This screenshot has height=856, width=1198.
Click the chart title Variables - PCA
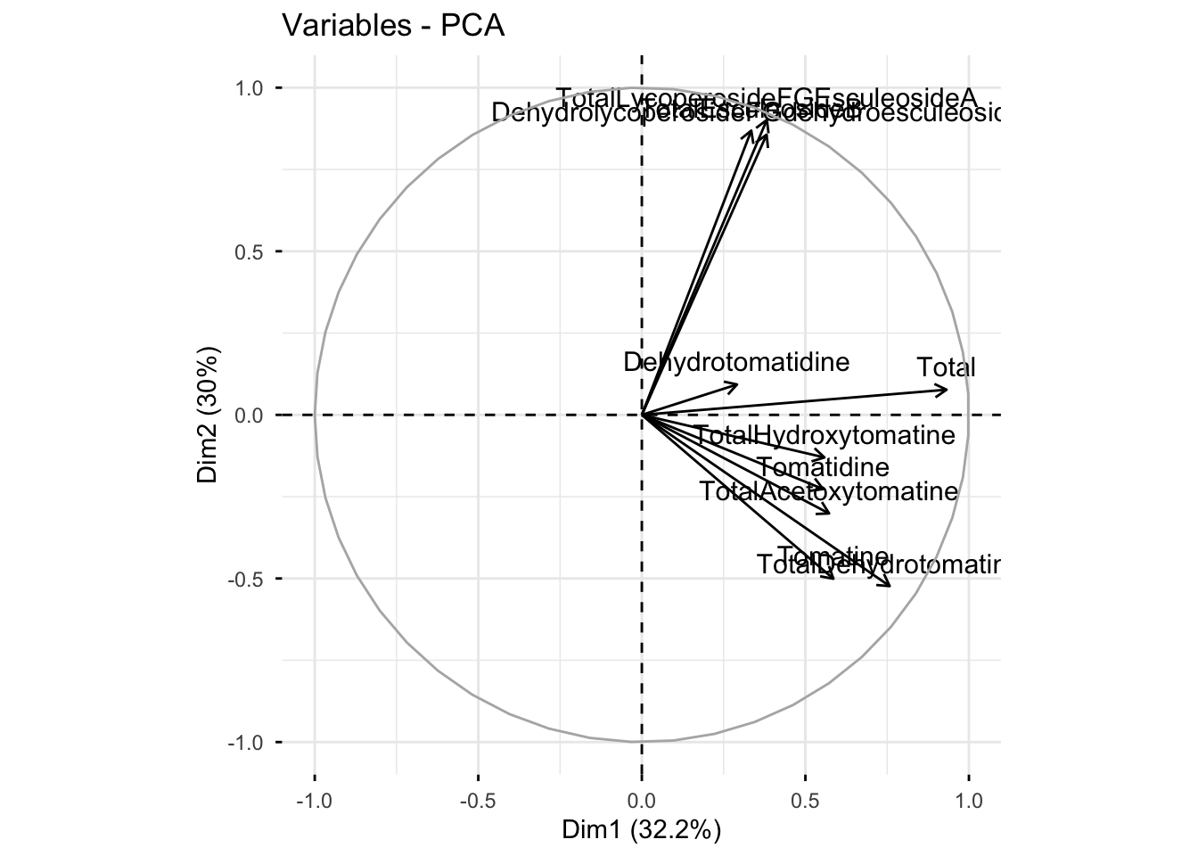[393, 26]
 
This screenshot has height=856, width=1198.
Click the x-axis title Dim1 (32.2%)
[641, 830]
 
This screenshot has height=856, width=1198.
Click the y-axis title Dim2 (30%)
[208, 415]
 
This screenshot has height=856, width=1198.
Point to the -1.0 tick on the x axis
[314, 801]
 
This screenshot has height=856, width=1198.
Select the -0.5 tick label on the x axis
[477, 801]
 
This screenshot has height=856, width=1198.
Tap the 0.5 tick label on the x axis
[805, 801]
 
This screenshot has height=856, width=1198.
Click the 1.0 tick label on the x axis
[969, 801]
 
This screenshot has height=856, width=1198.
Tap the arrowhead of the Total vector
[948, 390]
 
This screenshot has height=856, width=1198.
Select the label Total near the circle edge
[946, 367]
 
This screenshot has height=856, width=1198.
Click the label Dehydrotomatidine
[735, 362]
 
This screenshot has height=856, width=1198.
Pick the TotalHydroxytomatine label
[824, 436]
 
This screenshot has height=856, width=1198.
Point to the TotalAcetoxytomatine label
[828, 491]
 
